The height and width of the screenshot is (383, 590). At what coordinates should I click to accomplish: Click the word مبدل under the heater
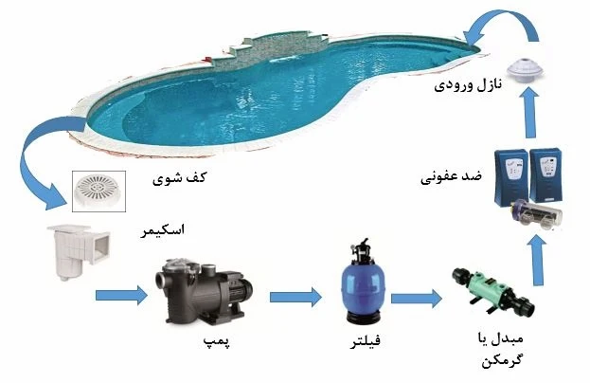512,338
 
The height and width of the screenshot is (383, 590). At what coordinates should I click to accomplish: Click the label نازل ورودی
467,86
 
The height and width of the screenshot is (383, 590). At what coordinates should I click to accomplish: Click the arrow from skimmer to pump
121,298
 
